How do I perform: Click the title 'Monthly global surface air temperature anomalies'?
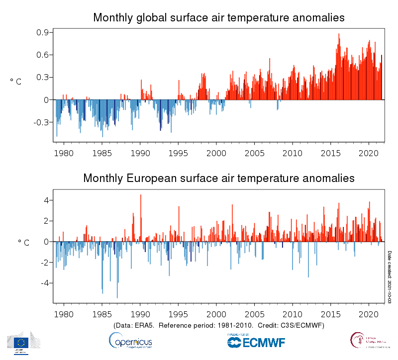pos(219,18)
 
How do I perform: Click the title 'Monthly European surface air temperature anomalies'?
pos(219,178)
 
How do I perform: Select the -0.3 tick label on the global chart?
pos(39,122)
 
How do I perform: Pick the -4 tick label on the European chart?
pos(43,283)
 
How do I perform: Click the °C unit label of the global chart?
pos(16,82)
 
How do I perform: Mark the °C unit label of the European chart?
pos(23,243)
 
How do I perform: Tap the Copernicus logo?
pos(130,341)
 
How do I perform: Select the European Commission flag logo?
pos(21,342)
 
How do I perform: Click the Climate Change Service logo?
pos(368,341)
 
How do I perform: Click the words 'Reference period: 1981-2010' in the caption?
pos(209,325)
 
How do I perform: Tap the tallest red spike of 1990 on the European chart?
pos(141,195)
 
